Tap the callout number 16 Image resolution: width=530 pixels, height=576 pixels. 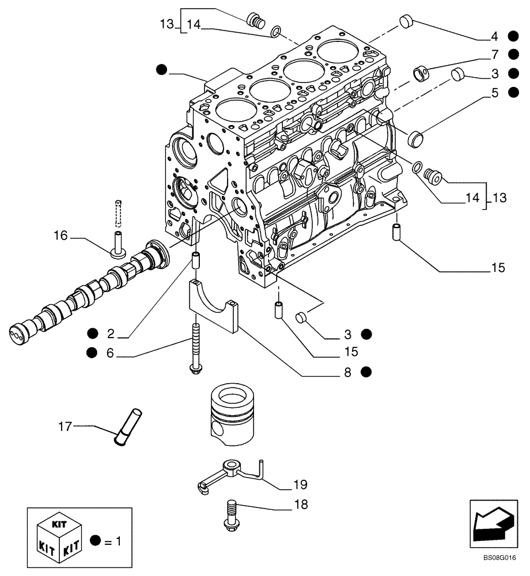(61, 235)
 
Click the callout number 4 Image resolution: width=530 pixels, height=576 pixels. (494, 37)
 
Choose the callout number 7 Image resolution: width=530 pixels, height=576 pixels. (494, 55)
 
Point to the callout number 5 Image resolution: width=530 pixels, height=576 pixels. (494, 92)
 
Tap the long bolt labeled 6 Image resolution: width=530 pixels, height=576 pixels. (194, 348)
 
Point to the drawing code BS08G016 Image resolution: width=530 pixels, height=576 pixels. (499, 558)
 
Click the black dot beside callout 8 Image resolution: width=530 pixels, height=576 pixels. (366, 372)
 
